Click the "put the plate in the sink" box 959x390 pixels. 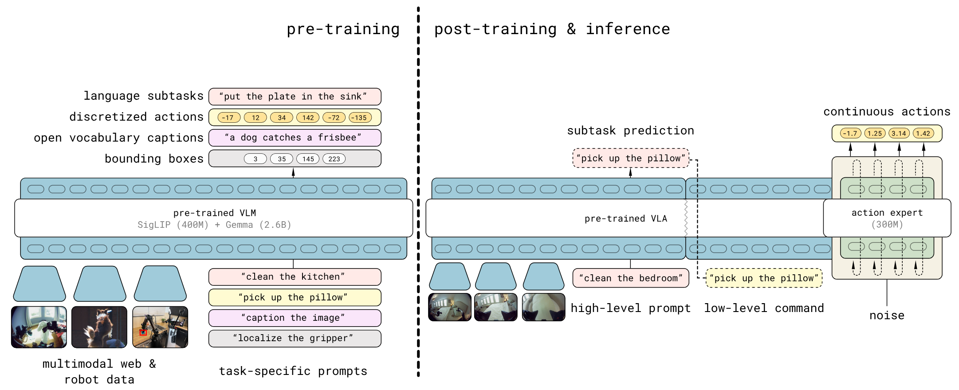tap(295, 97)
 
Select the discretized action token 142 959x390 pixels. tap(308, 117)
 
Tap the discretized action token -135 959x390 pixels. tap(360, 117)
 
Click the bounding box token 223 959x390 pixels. tap(334, 159)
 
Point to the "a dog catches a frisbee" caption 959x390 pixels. tap(295, 138)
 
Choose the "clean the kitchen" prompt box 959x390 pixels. tap(295, 277)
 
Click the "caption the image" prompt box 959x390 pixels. tap(295, 318)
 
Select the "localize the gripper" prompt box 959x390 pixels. tap(295, 339)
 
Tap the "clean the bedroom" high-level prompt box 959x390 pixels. tap(631, 278)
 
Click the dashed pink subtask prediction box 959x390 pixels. tap(631, 158)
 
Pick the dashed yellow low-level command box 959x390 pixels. tap(764, 278)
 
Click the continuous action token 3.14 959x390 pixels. tap(899, 133)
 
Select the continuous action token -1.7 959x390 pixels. tap(850, 133)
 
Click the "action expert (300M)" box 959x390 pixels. tap(887, 218)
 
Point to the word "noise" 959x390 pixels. tap(887, 315)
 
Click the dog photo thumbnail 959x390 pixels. tap(99, 327)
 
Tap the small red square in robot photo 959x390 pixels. tap(143, 332)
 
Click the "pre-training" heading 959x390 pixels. tap(343, 29)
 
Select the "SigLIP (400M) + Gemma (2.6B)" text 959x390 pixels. tap(214, 225)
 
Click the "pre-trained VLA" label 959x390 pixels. tap(625, 218)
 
